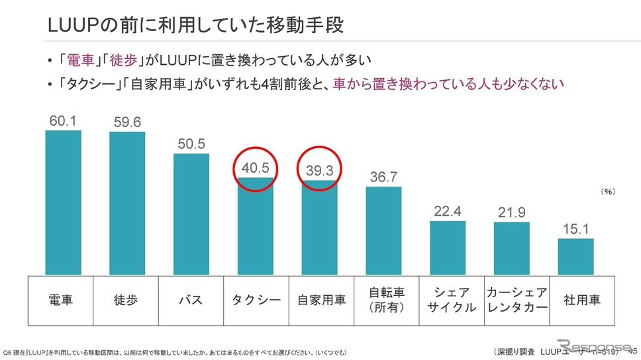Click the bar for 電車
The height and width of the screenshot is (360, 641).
tap(63, 202)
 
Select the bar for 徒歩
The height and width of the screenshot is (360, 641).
tap(127, 202)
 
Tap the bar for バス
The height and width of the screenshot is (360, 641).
tap(191, 214)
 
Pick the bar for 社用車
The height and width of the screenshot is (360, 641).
tap(575, 256)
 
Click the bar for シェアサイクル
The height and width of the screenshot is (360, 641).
tap(448, 247)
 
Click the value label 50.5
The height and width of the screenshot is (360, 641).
tap(191, 144)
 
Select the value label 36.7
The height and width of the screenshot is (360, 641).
tap(383, 177)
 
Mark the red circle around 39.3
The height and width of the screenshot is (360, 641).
tap(319, 171)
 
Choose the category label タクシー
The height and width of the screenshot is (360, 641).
tap(255, 300)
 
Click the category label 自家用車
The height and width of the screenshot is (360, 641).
tap(319, 300)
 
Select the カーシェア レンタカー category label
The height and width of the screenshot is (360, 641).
tap(517, 300)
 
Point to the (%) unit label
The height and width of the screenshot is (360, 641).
tap(608, 191)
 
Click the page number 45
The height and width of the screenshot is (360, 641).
tap(632, 350)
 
